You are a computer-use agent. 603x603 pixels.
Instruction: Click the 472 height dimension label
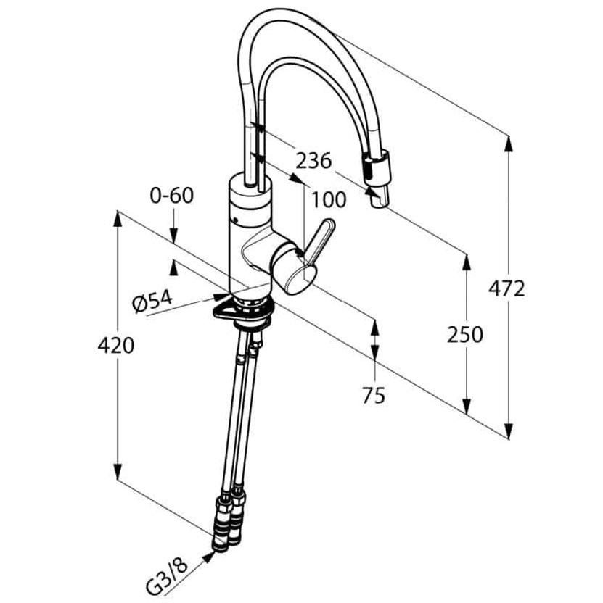coord(506,288)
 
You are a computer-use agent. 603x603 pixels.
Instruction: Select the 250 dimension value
coord(464,334)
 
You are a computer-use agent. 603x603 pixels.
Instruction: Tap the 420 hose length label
coord(116,345)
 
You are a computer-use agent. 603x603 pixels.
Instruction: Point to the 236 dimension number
coord(313,160)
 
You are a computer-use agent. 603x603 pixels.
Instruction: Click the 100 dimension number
coord(329,199)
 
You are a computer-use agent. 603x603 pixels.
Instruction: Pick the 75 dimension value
coord(374,395)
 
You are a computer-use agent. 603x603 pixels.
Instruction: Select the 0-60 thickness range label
coord(172,196)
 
